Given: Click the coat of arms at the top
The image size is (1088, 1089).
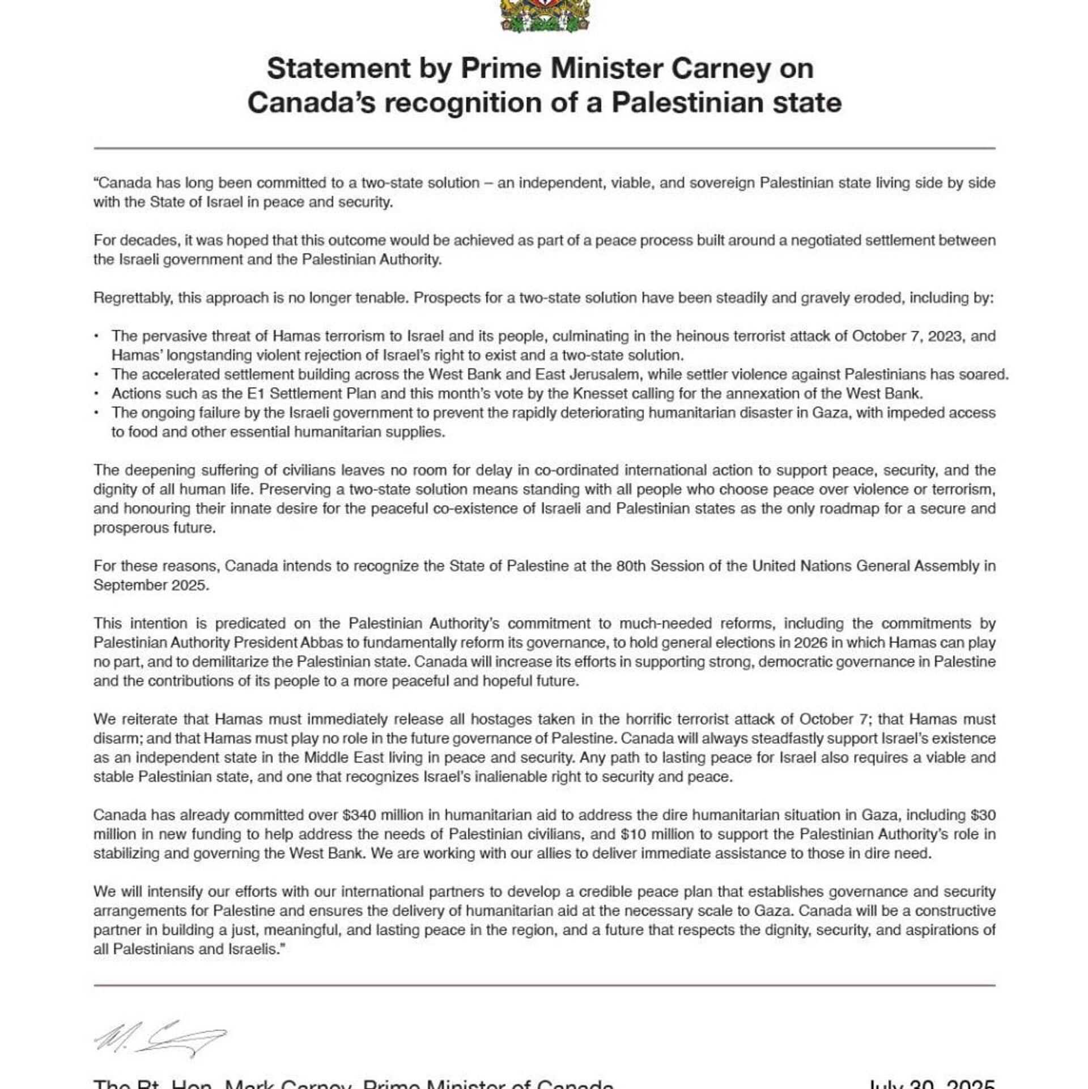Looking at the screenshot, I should pyautogui.click(x=544, y=16).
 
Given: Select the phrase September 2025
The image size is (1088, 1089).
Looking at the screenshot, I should pyautogui.click(x=151, y=585).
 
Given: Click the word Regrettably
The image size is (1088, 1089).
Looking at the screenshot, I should pyautogui.click(x=133, y=298).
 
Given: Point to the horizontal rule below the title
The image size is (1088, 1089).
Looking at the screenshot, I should pyautogui.click(x=544, y=149).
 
